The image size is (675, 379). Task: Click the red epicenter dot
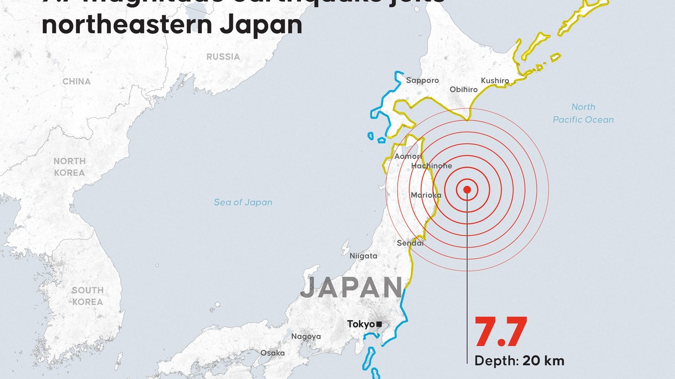[467, 190]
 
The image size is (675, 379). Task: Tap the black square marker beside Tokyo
[380, 324]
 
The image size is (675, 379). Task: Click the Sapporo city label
[422, 81]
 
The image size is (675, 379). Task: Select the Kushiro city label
[495, 81]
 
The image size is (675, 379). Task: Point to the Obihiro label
[463, 90]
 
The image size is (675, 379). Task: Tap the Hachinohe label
[431, 166]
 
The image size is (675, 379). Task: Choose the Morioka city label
[426, 195]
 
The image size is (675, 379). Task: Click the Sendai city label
[410, 243]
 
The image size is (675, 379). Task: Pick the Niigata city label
[363, 256]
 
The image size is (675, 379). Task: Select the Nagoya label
[306, 337]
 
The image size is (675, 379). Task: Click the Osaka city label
[272, 353]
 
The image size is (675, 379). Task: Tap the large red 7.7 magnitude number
[501, 333]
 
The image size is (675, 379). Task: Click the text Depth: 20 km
[519, 361]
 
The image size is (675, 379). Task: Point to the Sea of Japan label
[243, 203]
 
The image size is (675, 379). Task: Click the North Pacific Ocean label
[583, 113]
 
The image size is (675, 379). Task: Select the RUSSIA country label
[223, 57]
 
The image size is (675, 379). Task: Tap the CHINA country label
[76, 82]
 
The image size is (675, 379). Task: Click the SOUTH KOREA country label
[87, 296]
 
